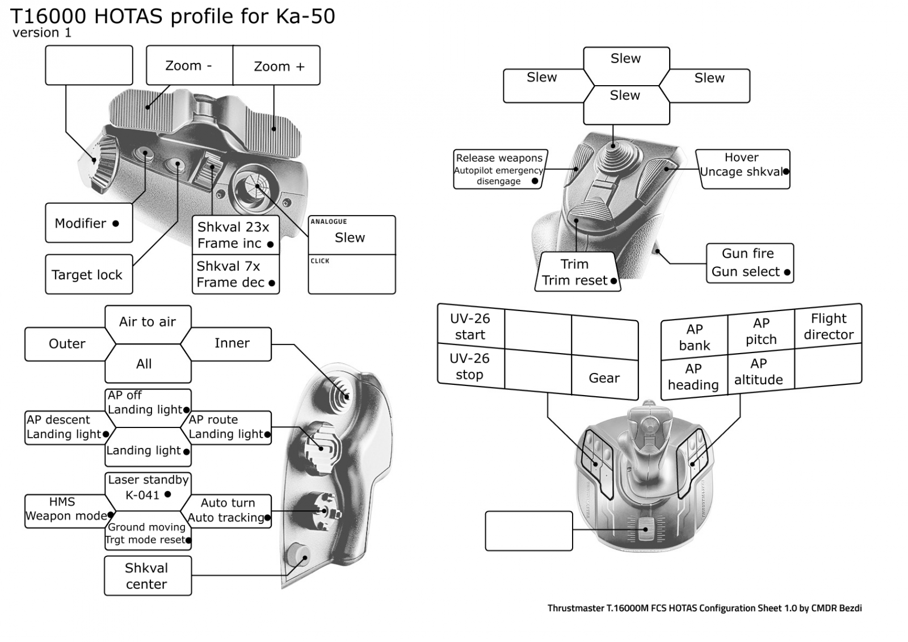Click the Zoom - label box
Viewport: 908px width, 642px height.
click(x=189, y=65)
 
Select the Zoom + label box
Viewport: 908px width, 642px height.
click(x=278, y=66)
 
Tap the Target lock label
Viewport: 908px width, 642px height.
click(x=87, y=275)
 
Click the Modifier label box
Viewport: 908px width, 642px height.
click(x=88, y=223)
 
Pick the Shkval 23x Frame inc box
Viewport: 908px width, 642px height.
click(x=236, y=235)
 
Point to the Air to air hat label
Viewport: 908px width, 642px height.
click(x=148, y=322)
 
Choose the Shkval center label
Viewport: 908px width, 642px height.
click(x=147, y=576)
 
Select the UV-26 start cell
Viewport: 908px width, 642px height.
click(x=470, y=326)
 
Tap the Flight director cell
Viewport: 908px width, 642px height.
click(x=829, y=326)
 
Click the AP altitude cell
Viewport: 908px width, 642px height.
click(x=759, y=372)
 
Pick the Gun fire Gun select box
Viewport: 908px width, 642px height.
click(x=749, y=263)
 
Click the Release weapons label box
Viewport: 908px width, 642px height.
click(x=499, y=169)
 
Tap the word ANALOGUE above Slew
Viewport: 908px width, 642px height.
click(x=329, y=221)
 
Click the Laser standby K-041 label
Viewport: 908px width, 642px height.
click(x=148, y=487)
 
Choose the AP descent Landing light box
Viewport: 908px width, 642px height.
click(x=65, y=427)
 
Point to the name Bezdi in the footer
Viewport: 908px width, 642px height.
click(x=850, y=608)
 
